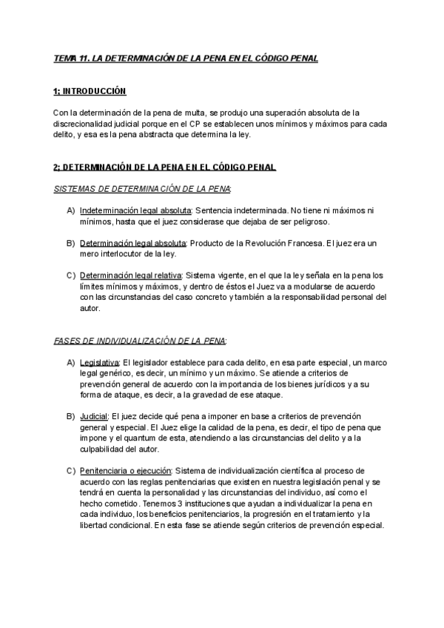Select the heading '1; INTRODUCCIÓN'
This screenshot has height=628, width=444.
coord(90,91)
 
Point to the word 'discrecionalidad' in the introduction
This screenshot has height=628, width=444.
coord(87,124)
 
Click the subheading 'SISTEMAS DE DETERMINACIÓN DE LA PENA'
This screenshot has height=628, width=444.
coord(142,189)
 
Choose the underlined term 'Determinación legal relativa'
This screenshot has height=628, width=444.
coord(130,275)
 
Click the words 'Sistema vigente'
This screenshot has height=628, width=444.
coord(214,275)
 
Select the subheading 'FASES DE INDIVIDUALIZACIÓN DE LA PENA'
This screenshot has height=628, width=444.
coord(141,340)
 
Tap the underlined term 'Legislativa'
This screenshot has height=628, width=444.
coord(99,362)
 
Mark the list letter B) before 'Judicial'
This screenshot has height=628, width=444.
coord(70,416)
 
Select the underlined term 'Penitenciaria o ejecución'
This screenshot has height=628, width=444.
coord(125,470)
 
